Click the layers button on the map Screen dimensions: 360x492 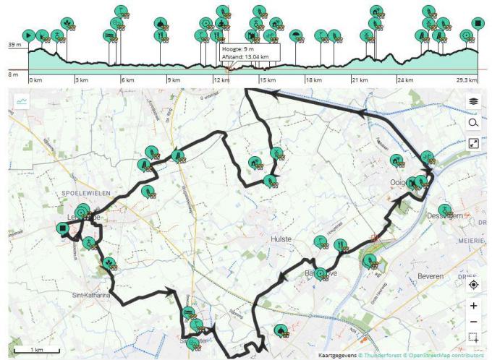[473, 102]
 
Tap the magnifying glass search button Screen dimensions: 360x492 [473, 123]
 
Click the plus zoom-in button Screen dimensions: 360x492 [473, 306]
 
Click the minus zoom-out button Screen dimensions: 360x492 [473, 321]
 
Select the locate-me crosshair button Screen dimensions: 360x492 [473, 284]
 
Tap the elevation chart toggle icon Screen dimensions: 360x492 [22, 102]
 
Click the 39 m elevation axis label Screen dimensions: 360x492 [14, 45]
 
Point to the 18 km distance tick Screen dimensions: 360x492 [313, 80]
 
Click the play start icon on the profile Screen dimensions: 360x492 [28, 35]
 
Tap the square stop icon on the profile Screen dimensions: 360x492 [477, 24]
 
